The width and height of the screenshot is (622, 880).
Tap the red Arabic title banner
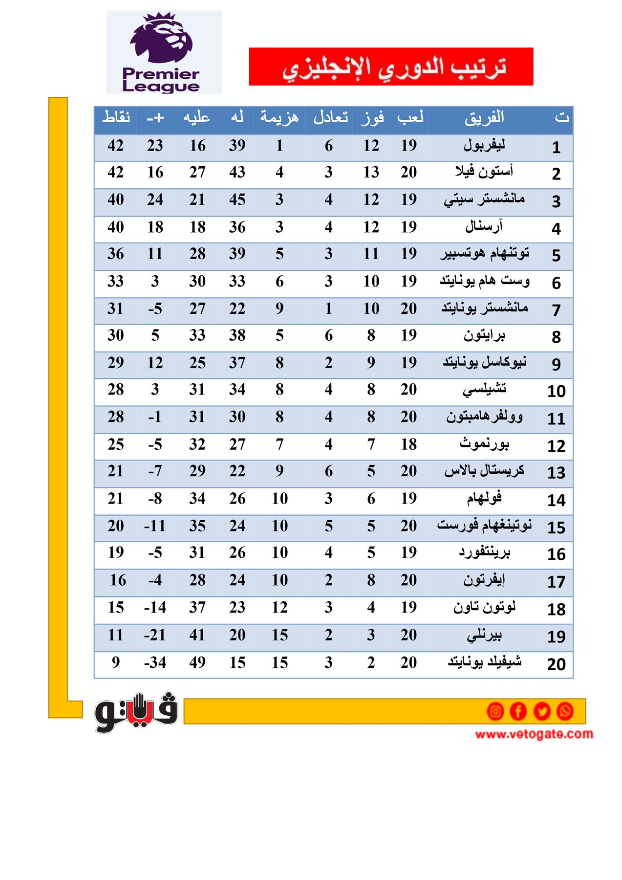[391, 66]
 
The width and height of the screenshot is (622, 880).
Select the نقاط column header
[116, 118]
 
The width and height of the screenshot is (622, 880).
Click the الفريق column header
[484, 118]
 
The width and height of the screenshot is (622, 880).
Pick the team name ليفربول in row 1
[484, 145]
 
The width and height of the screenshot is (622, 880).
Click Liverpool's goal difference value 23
[155, 146]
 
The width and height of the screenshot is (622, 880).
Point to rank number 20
[556, 664]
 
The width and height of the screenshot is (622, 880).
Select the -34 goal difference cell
[155, 662]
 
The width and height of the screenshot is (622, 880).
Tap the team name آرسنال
[484, 226]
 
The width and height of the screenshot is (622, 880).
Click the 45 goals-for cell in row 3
[237, 199]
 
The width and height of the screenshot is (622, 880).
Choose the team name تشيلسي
[484, 389]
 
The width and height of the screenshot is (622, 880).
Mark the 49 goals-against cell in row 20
[197, 662]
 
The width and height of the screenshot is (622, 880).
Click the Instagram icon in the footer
[495, 711]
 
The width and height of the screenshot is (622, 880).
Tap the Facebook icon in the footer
[518, 711]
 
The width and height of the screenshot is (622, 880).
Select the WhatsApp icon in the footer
[565, 711]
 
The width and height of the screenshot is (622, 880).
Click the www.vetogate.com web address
[534, 734]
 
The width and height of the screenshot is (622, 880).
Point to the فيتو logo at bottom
[136, 712]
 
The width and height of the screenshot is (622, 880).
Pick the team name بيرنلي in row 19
[484, 635]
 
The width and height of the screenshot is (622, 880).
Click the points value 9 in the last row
[116, 662]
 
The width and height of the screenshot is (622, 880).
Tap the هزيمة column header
[279, 118]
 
